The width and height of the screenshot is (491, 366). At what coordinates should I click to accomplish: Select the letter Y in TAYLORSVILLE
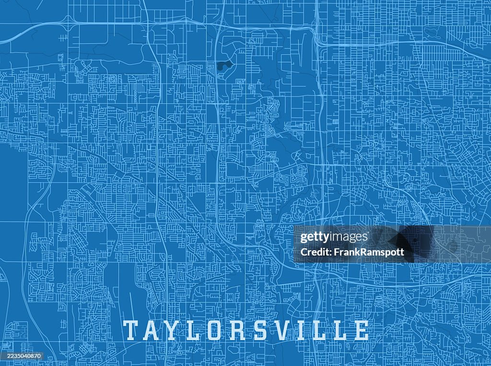(x=175, y=330)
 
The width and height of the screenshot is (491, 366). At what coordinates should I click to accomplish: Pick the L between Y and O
(x=196, y=330)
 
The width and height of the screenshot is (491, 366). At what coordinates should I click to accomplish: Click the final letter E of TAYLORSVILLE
(x=360, y=330)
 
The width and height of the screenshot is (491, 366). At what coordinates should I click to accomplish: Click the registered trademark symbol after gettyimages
(x=370, y=234)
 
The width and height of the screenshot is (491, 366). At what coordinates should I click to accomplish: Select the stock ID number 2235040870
(x=21, y=356)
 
